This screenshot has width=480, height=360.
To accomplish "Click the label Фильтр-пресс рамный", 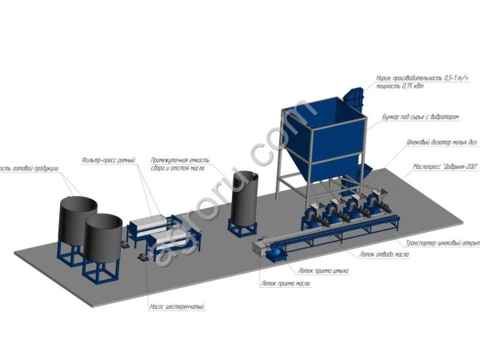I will pyautogui.click(x=107, y=161).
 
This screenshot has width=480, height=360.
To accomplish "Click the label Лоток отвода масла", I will pyautogui.click(x=384, y=256).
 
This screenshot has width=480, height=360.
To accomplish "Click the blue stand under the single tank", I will pyautogui.click(x=243, y=227).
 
